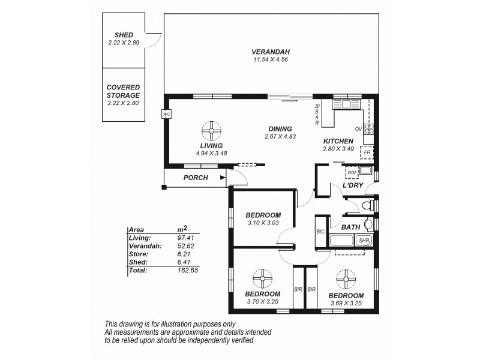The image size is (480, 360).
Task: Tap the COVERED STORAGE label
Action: coord(123,91)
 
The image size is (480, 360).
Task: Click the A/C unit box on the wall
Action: coord(166,114)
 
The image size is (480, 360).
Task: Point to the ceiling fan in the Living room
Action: coord(212,130)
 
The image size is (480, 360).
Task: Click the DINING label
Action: coord(280,128)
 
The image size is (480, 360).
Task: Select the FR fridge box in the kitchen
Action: coord(367,152)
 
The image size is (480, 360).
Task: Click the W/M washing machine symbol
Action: coord(351,173)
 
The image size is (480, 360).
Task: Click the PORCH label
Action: coord(196,178)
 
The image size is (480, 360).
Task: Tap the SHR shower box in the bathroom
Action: coord(364,241)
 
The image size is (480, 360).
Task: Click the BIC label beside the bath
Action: coord(320,232)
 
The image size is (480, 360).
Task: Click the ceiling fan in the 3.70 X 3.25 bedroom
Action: coord(262,277)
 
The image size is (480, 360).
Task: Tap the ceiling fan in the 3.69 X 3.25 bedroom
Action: coord(346,278)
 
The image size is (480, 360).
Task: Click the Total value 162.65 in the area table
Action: coord(187,271)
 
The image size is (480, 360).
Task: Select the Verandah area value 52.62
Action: coord(185,246)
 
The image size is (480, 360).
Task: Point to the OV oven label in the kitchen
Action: coord(358,129)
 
